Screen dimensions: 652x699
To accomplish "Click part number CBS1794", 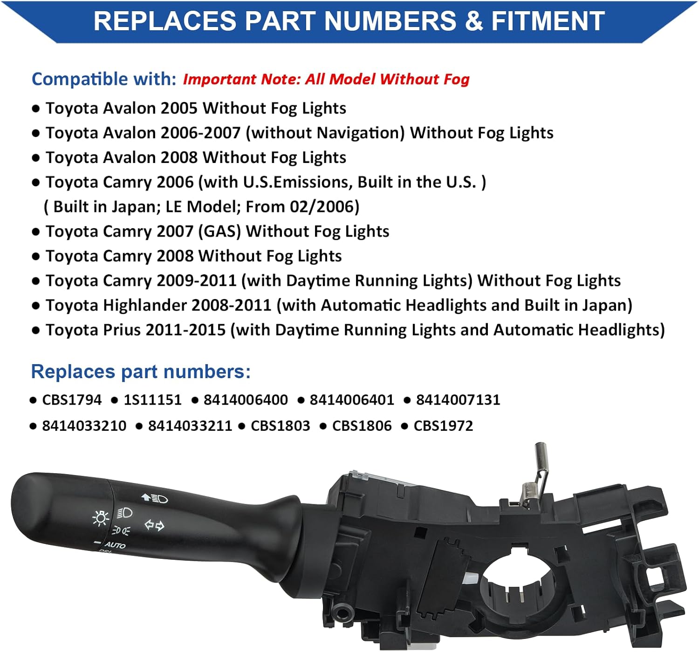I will pyautogui.click(x=72, y=400).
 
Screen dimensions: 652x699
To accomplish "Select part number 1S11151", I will pyautogui.click(x=152, y=400).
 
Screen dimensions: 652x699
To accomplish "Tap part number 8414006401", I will pyautogui.click(x=352, y=400).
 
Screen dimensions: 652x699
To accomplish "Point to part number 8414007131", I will pyautogui.click(x=458, y=400).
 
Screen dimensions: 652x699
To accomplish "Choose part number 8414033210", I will pyautogui.click(x=84, y=426).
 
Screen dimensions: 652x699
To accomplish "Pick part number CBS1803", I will pyautogui.click(x=280, y=426).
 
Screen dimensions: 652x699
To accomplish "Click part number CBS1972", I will pyautogui.click(x=443, y=426).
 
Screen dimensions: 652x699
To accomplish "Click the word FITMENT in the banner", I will pyautogui.click(x=548, y=21).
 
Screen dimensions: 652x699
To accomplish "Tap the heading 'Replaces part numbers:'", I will pyautogui.click(x=141, y=372).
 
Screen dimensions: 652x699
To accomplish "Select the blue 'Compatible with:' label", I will pyautogui.click(x=104, y=79).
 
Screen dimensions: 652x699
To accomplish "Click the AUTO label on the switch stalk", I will pyautogui.click(x=115, y=544).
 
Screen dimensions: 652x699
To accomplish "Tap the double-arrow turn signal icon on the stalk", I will pyautogui.click(x=154, y=525).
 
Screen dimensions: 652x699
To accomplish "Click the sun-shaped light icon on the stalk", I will pyautogui.click(x=101, y=518).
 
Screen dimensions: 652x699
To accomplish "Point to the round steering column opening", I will pyautogui.click(x=517, y=582).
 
